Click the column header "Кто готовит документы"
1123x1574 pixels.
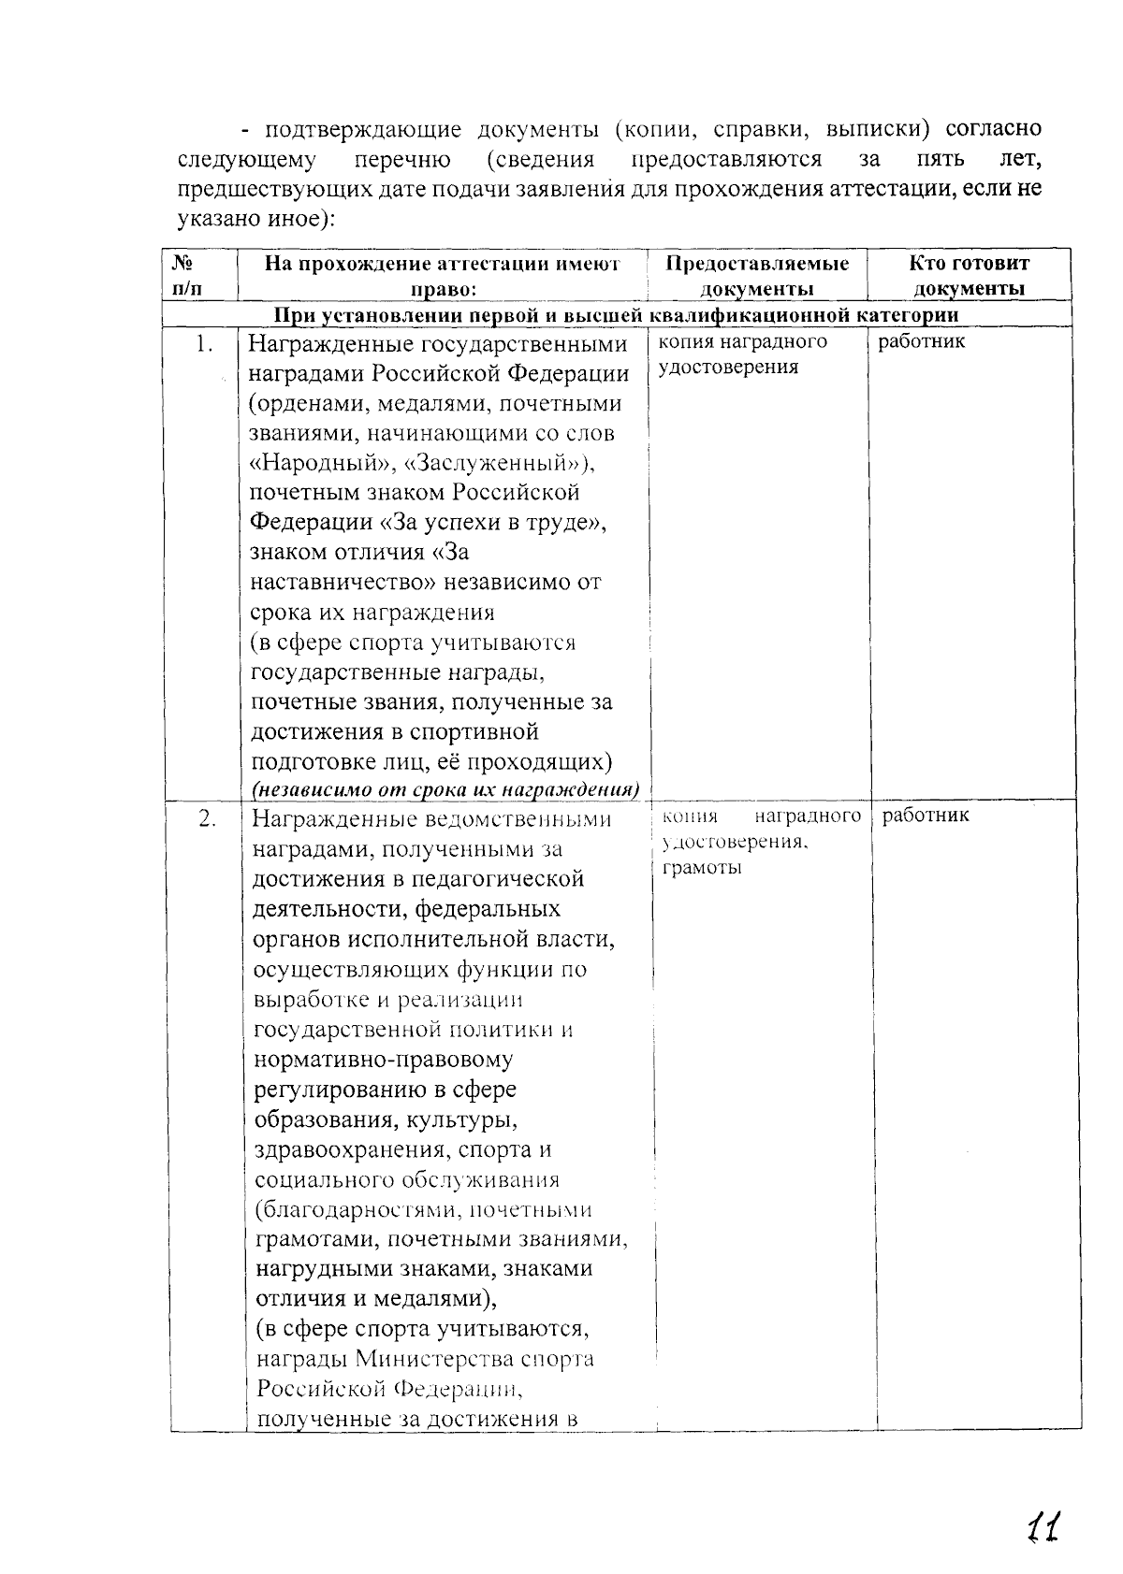(x=969, y=276)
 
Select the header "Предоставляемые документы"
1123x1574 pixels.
(x=757, y=276)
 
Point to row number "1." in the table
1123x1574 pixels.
(x=205, y=345)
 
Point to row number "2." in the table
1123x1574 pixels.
(x=207, y=819)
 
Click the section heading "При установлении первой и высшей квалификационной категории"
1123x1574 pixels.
(x=616, y=315)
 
